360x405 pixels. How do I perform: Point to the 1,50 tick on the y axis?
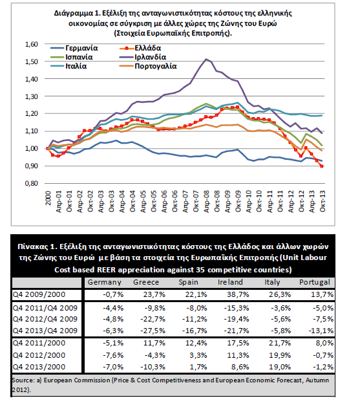point(32,61)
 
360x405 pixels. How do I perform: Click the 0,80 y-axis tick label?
point(32,183)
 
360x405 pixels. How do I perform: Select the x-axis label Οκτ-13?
point(323,201)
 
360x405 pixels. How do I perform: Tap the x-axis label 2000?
point(48,198)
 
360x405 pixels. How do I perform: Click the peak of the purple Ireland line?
point(206,59)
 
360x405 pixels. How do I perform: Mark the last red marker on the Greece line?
point(322,166)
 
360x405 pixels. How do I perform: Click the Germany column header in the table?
point(104,282)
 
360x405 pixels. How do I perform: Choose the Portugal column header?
point(315,282)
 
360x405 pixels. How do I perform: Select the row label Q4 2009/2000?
point(39,294)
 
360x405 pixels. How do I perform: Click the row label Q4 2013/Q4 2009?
point(45,331)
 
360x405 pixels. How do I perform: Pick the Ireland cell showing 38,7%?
point(238,294)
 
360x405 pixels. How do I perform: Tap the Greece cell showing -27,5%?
point(153,331)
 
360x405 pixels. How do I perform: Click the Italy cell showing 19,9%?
point(280,355)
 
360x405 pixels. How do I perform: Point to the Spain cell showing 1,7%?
point(198,367)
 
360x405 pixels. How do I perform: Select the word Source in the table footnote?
point(22,380)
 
